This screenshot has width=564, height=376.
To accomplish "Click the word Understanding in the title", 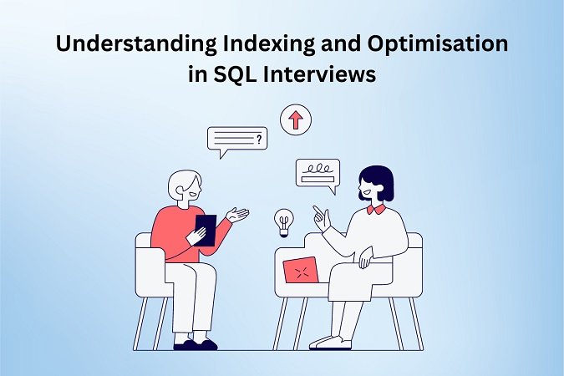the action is point(136,44).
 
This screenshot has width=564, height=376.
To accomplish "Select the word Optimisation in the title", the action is point(438,44).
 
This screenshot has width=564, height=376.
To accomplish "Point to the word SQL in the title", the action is point(236,74).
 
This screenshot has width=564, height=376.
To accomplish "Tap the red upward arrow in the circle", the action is point(296,119).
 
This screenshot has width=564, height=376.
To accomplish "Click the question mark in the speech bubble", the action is point(259,139).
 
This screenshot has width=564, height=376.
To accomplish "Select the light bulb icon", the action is point(284,223).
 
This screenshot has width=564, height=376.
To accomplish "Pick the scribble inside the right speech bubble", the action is point(318,169).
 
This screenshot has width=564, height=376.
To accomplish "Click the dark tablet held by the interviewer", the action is point(206,231).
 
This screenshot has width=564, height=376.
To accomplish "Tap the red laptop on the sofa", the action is point(301,270).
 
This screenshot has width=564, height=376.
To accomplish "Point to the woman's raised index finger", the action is point(317,210).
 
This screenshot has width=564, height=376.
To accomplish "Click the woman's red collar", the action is point(376,210).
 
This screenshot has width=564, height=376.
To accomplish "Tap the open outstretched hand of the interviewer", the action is point(237,214).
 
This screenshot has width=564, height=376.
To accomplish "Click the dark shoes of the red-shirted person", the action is point(196,344).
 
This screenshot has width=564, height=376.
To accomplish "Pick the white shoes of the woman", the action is point(330,343).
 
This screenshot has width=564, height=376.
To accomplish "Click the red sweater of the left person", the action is point(180,234).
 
